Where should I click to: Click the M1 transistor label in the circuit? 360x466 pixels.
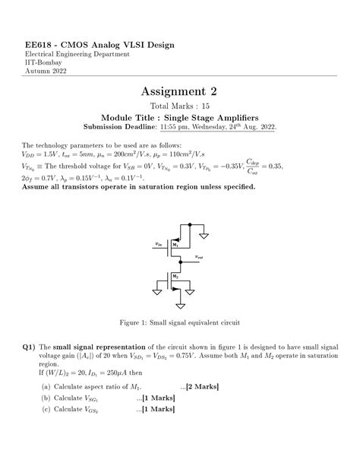coord(175,245)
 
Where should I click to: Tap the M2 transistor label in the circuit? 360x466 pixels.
coord(175,277)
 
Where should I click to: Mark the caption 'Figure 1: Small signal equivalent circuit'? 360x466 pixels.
coord(179,323)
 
